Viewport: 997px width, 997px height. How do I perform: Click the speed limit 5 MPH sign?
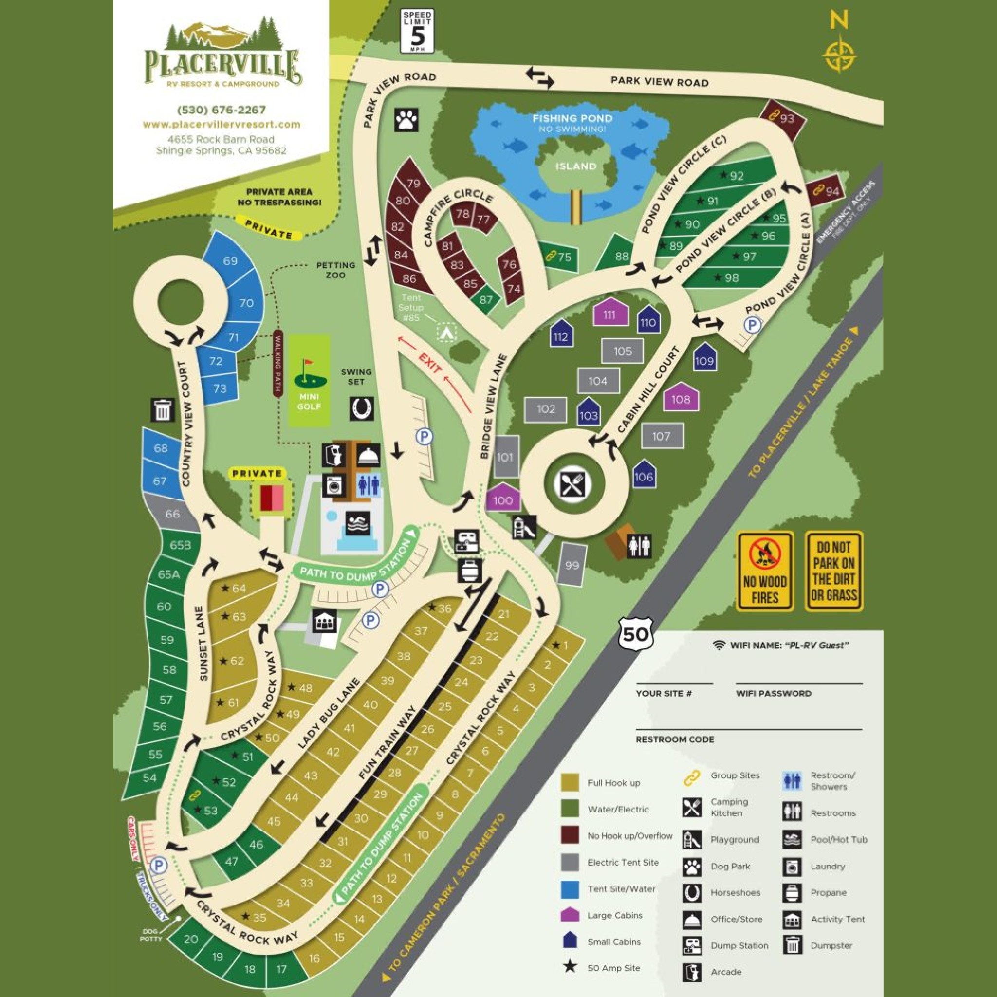click(x=417, y=31)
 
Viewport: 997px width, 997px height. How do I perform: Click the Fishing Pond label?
click(x=572, y=119)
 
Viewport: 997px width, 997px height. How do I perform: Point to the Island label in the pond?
click(x=575, y=166)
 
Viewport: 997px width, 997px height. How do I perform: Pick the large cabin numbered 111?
click(x=610, y=312)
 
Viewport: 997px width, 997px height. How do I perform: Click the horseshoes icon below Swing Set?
click(x=362, y=409)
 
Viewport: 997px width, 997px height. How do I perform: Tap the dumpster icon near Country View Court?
click(x=163, y=410)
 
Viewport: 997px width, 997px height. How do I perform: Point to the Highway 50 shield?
click(x=635, y=633)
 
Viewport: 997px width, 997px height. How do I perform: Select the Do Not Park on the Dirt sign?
click(x=833, y=571)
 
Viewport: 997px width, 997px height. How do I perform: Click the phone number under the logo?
click(x=221, y=110)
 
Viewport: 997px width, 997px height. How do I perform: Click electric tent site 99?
click(x=571, y=565)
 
